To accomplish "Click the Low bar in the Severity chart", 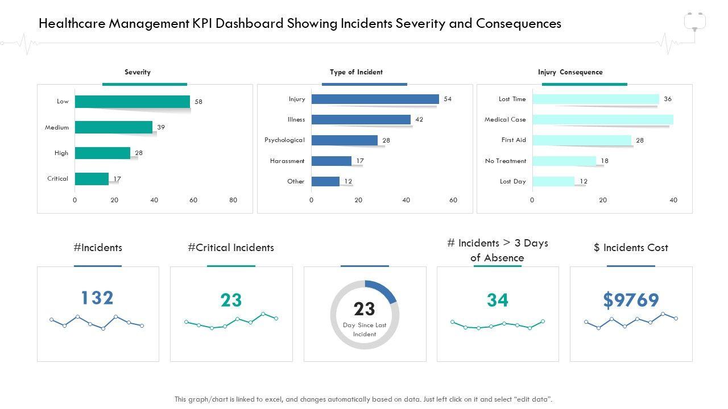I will tap(133, 102).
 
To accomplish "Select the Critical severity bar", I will tap(92, 179).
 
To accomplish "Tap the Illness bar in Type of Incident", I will tap(361, 119).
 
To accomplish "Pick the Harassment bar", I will tap(331, 161).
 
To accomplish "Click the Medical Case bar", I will tap(602, 119).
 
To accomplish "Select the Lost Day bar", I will tap(553, 181).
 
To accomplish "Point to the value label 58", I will tap(198, 102).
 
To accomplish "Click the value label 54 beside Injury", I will tap(448, 99).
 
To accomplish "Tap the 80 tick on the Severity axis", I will tap(233, 200).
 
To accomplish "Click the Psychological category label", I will tap(284, 140).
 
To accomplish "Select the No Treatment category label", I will tap(506, 161).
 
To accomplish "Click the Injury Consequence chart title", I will tap(570, 72).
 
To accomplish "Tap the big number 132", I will tap(97, 298).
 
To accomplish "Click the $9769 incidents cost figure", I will tap(631, 300).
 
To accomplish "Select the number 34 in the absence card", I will tap(497, 300).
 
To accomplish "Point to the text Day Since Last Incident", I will tap(365, 329).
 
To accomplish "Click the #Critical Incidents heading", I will tap(231, 248).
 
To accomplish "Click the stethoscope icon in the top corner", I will tap(694, 22).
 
